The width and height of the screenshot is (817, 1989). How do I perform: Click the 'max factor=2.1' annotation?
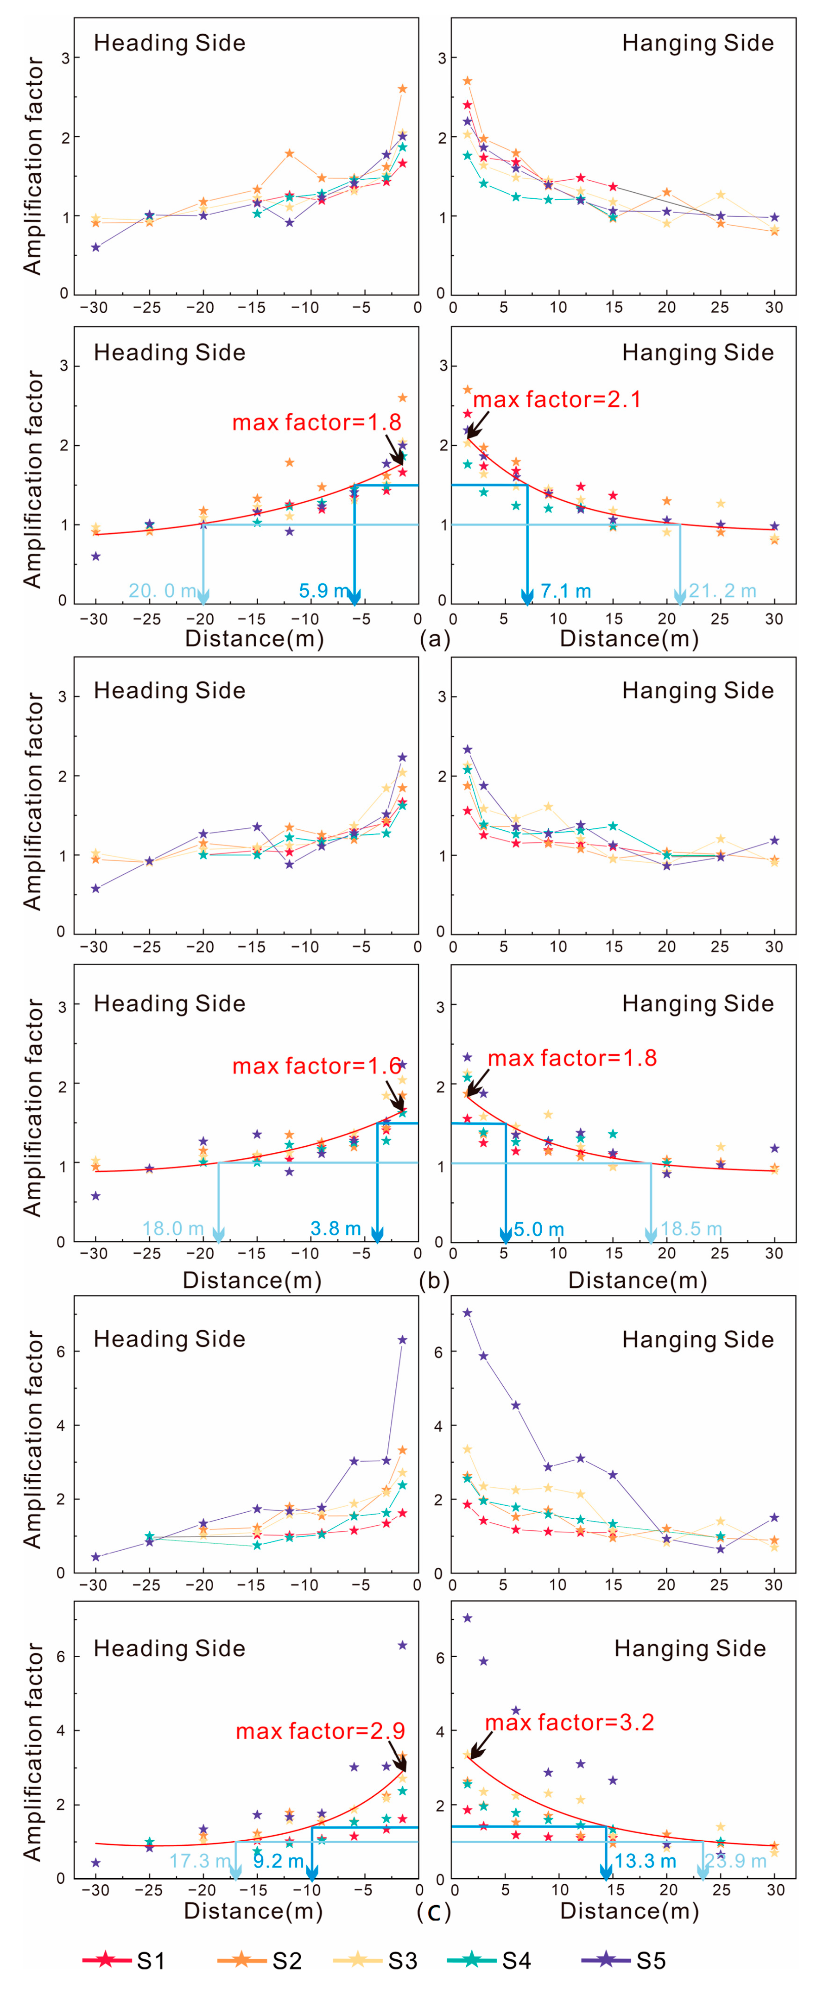pos(557,399)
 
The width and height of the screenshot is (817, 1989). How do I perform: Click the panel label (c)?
pos(434,1912)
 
